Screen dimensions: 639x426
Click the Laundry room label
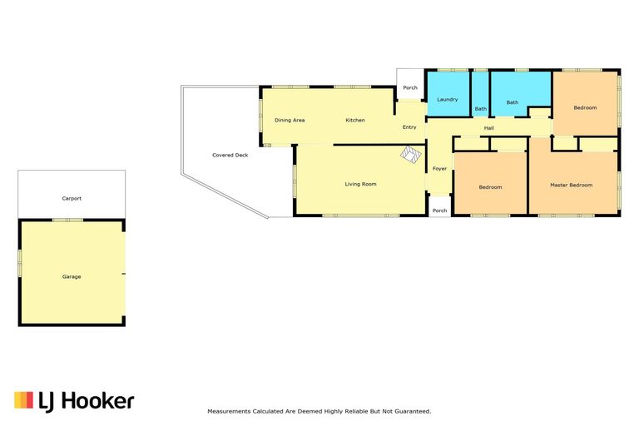pyautogui.click(x=447, y=100)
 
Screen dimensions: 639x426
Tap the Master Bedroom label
pyautogui.click(x=571, y=185)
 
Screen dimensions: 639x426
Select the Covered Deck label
pyautogui.click(x=230, y=155)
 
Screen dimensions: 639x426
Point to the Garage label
pyautogui.click(x=72, y=276)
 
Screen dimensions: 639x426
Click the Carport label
pyautogui.click(x=72, y=199)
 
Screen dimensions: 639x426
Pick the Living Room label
pyautogui.click(x=360, y=184)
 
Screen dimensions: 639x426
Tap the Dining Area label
pyautogui.click(x=290, y=121)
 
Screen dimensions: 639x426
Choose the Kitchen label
pyautogui.click(x=355, y=121)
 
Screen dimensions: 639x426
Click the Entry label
pyautogui.click(x=409, y=127)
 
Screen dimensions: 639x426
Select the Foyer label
pyautogui.click(x=439, y=168)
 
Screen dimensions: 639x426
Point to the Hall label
pyautogui.click(x=488, y=128)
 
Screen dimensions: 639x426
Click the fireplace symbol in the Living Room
pyautogui.click(x=410, y=155)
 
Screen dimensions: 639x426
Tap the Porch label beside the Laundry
pyautogui.click(x=410, y=87)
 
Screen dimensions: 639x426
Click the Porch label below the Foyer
pyautogui.click(x=439, y=211)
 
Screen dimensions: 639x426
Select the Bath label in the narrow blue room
pyautogui.click(x=480, y=109)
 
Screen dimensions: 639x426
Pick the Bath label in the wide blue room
pyautogui.click(x=513, y=102)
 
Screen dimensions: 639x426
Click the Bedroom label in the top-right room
pyautogui.click(x=585, y=107)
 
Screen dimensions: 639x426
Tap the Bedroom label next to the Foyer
pyautogui.click(x=490, y=187)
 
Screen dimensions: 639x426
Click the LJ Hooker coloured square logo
pyautogui.click(x=23, y=400)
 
